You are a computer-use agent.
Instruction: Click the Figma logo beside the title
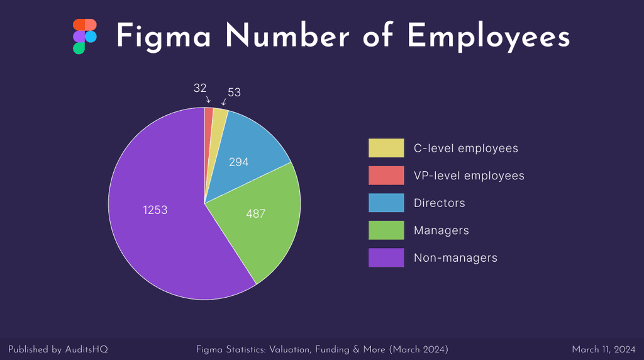(x=84, y=37)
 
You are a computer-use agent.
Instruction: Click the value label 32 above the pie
(x=200, y=89)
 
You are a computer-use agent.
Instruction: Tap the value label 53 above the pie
(x=234, y=93)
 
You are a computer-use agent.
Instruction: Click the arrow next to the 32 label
(x=208, y=99)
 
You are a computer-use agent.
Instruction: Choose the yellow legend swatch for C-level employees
(x=386, y=149)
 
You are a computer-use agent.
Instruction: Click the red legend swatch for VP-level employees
(x=386, y=176)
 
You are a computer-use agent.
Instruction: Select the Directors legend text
(x=439, y=203)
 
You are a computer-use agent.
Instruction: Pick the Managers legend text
(x=441, y=230)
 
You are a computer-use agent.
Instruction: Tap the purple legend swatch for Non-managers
(x=386, y=257)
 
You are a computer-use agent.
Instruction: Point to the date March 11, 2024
(x=603, y=349)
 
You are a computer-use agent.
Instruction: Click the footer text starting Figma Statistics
(x=322, y=349)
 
